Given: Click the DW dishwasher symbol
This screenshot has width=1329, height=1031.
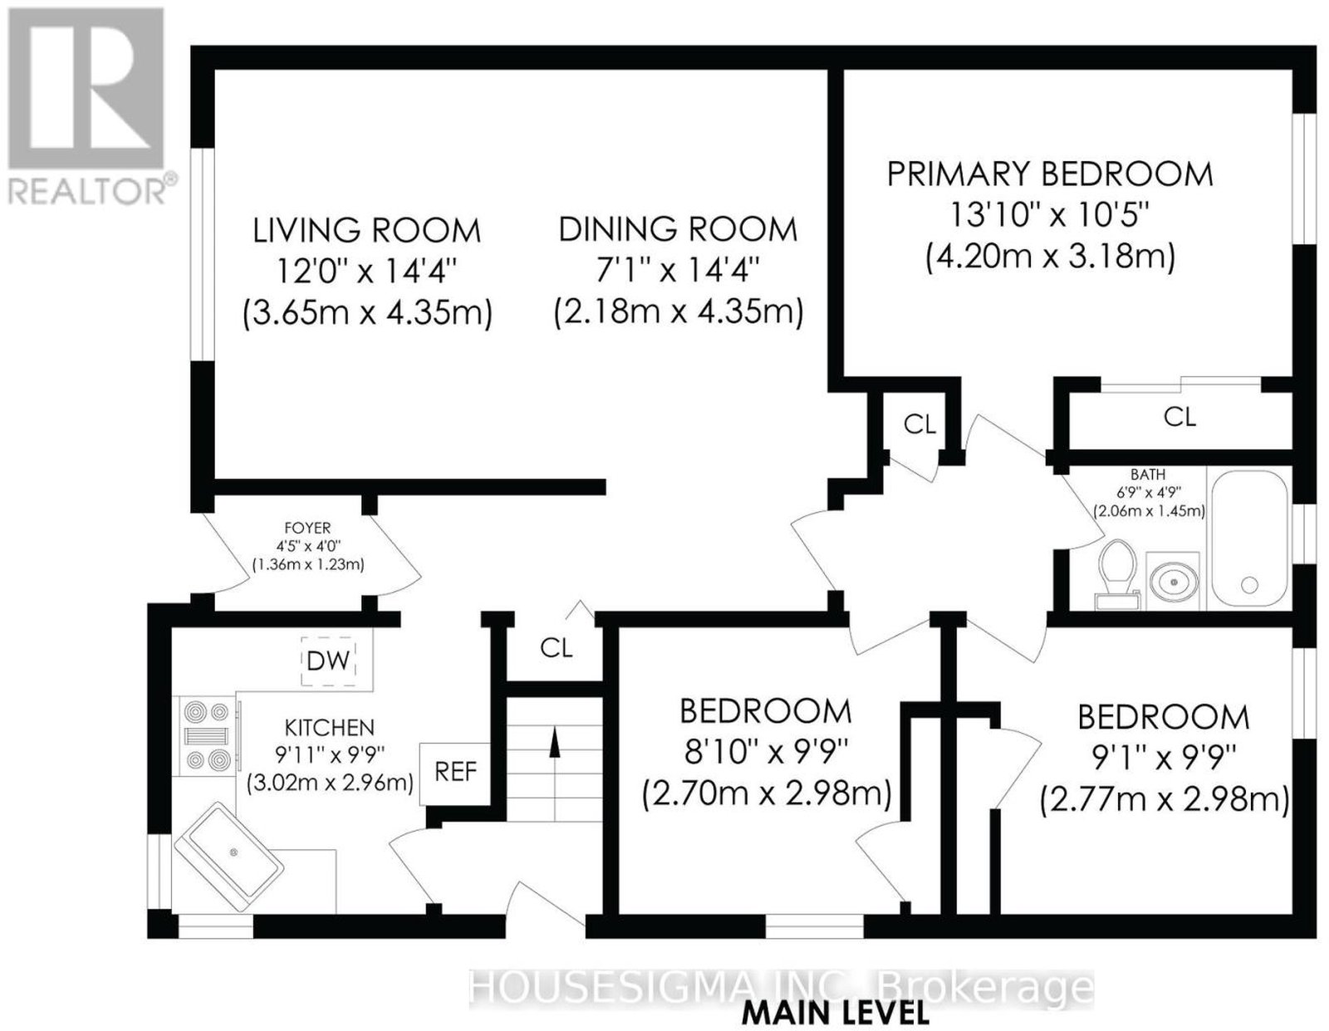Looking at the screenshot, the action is coord(328,661).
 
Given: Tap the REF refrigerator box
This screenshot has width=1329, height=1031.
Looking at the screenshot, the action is coord(455,773).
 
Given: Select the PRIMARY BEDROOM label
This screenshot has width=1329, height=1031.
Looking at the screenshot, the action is coord(1050,174).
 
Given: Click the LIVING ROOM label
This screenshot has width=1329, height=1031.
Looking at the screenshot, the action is coord(367,231).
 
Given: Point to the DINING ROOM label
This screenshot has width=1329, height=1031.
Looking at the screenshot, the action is coord(678,229).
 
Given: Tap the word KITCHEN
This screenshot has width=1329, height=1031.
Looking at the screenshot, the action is coord(330,728).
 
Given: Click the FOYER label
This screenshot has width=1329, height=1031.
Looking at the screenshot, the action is coord(307,527).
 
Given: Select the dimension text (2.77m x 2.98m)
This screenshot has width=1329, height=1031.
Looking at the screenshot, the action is coord(1165,800).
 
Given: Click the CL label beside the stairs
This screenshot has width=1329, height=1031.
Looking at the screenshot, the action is coord(556,648).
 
